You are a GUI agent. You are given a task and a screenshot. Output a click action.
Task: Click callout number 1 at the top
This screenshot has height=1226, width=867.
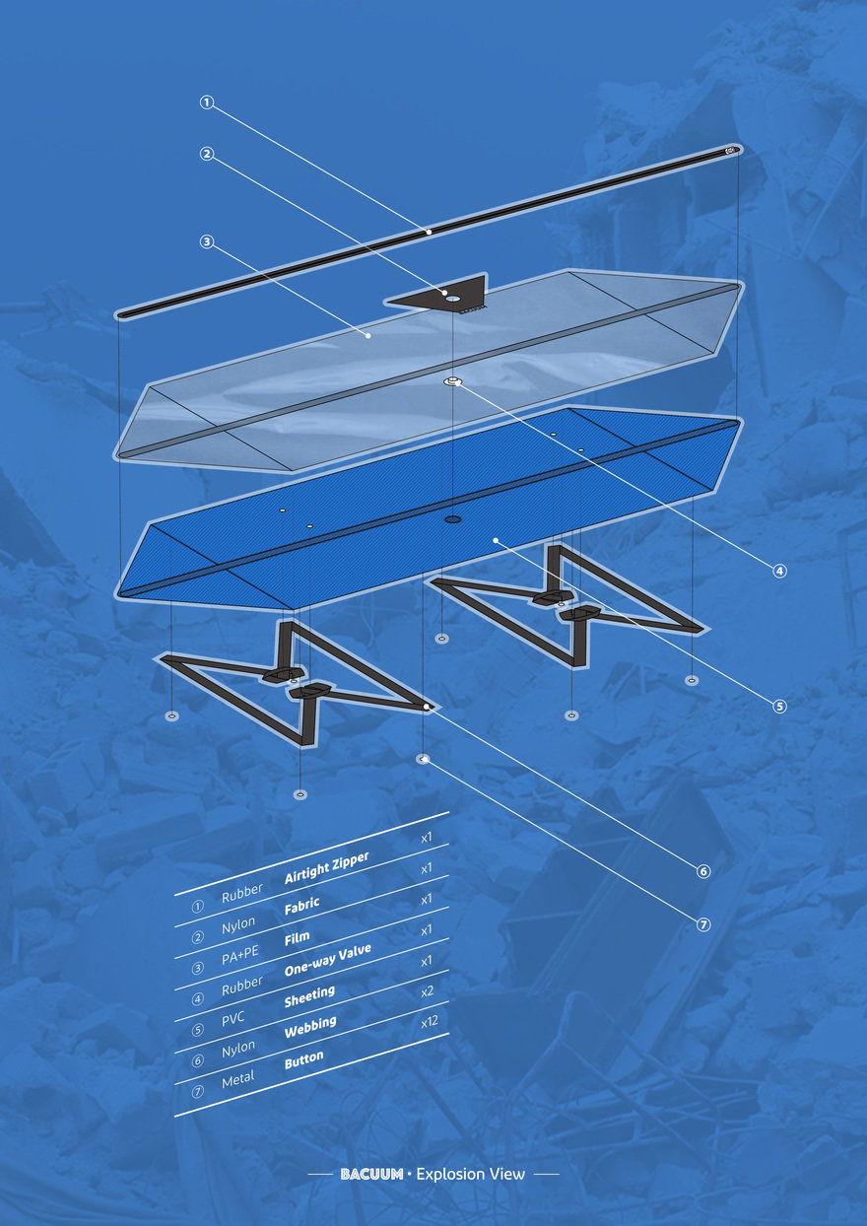click(x=206, y=102)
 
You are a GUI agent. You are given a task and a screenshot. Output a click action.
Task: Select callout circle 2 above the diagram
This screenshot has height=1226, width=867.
click(x=206, y=154)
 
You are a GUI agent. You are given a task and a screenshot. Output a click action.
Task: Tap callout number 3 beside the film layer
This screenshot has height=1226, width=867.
click(x=206, y=241)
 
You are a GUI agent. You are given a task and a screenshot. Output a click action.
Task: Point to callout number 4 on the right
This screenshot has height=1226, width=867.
click(x=779, y=571)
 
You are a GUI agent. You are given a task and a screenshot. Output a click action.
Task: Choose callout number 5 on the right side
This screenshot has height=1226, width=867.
click(x=779, y=706)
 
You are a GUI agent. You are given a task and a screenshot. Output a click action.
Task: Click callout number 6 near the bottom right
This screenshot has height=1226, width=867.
click(x=703, y=871)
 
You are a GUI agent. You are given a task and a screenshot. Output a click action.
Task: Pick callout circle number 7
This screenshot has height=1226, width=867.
click(x=703, y=925)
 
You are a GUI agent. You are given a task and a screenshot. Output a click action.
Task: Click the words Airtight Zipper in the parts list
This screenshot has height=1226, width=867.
click(x=327, y=867)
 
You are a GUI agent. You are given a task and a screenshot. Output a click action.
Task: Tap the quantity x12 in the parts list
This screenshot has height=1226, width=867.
click(x=430, y=1022)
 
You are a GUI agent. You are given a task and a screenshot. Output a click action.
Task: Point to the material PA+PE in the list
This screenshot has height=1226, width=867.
click(x=239, y=955)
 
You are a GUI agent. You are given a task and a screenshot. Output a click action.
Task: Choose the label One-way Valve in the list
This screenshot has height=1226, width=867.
click(x=328, y=960)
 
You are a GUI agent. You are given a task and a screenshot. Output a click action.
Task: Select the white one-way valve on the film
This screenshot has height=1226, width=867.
click(x=452, y=381)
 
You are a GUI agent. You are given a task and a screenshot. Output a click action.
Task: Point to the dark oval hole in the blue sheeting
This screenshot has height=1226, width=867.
click(x=452, y=518)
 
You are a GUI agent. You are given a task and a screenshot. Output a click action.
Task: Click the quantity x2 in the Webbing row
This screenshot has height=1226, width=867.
click(x=427, y=991)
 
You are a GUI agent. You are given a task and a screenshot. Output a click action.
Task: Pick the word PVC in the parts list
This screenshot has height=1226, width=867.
click(x=233, y=1018)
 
